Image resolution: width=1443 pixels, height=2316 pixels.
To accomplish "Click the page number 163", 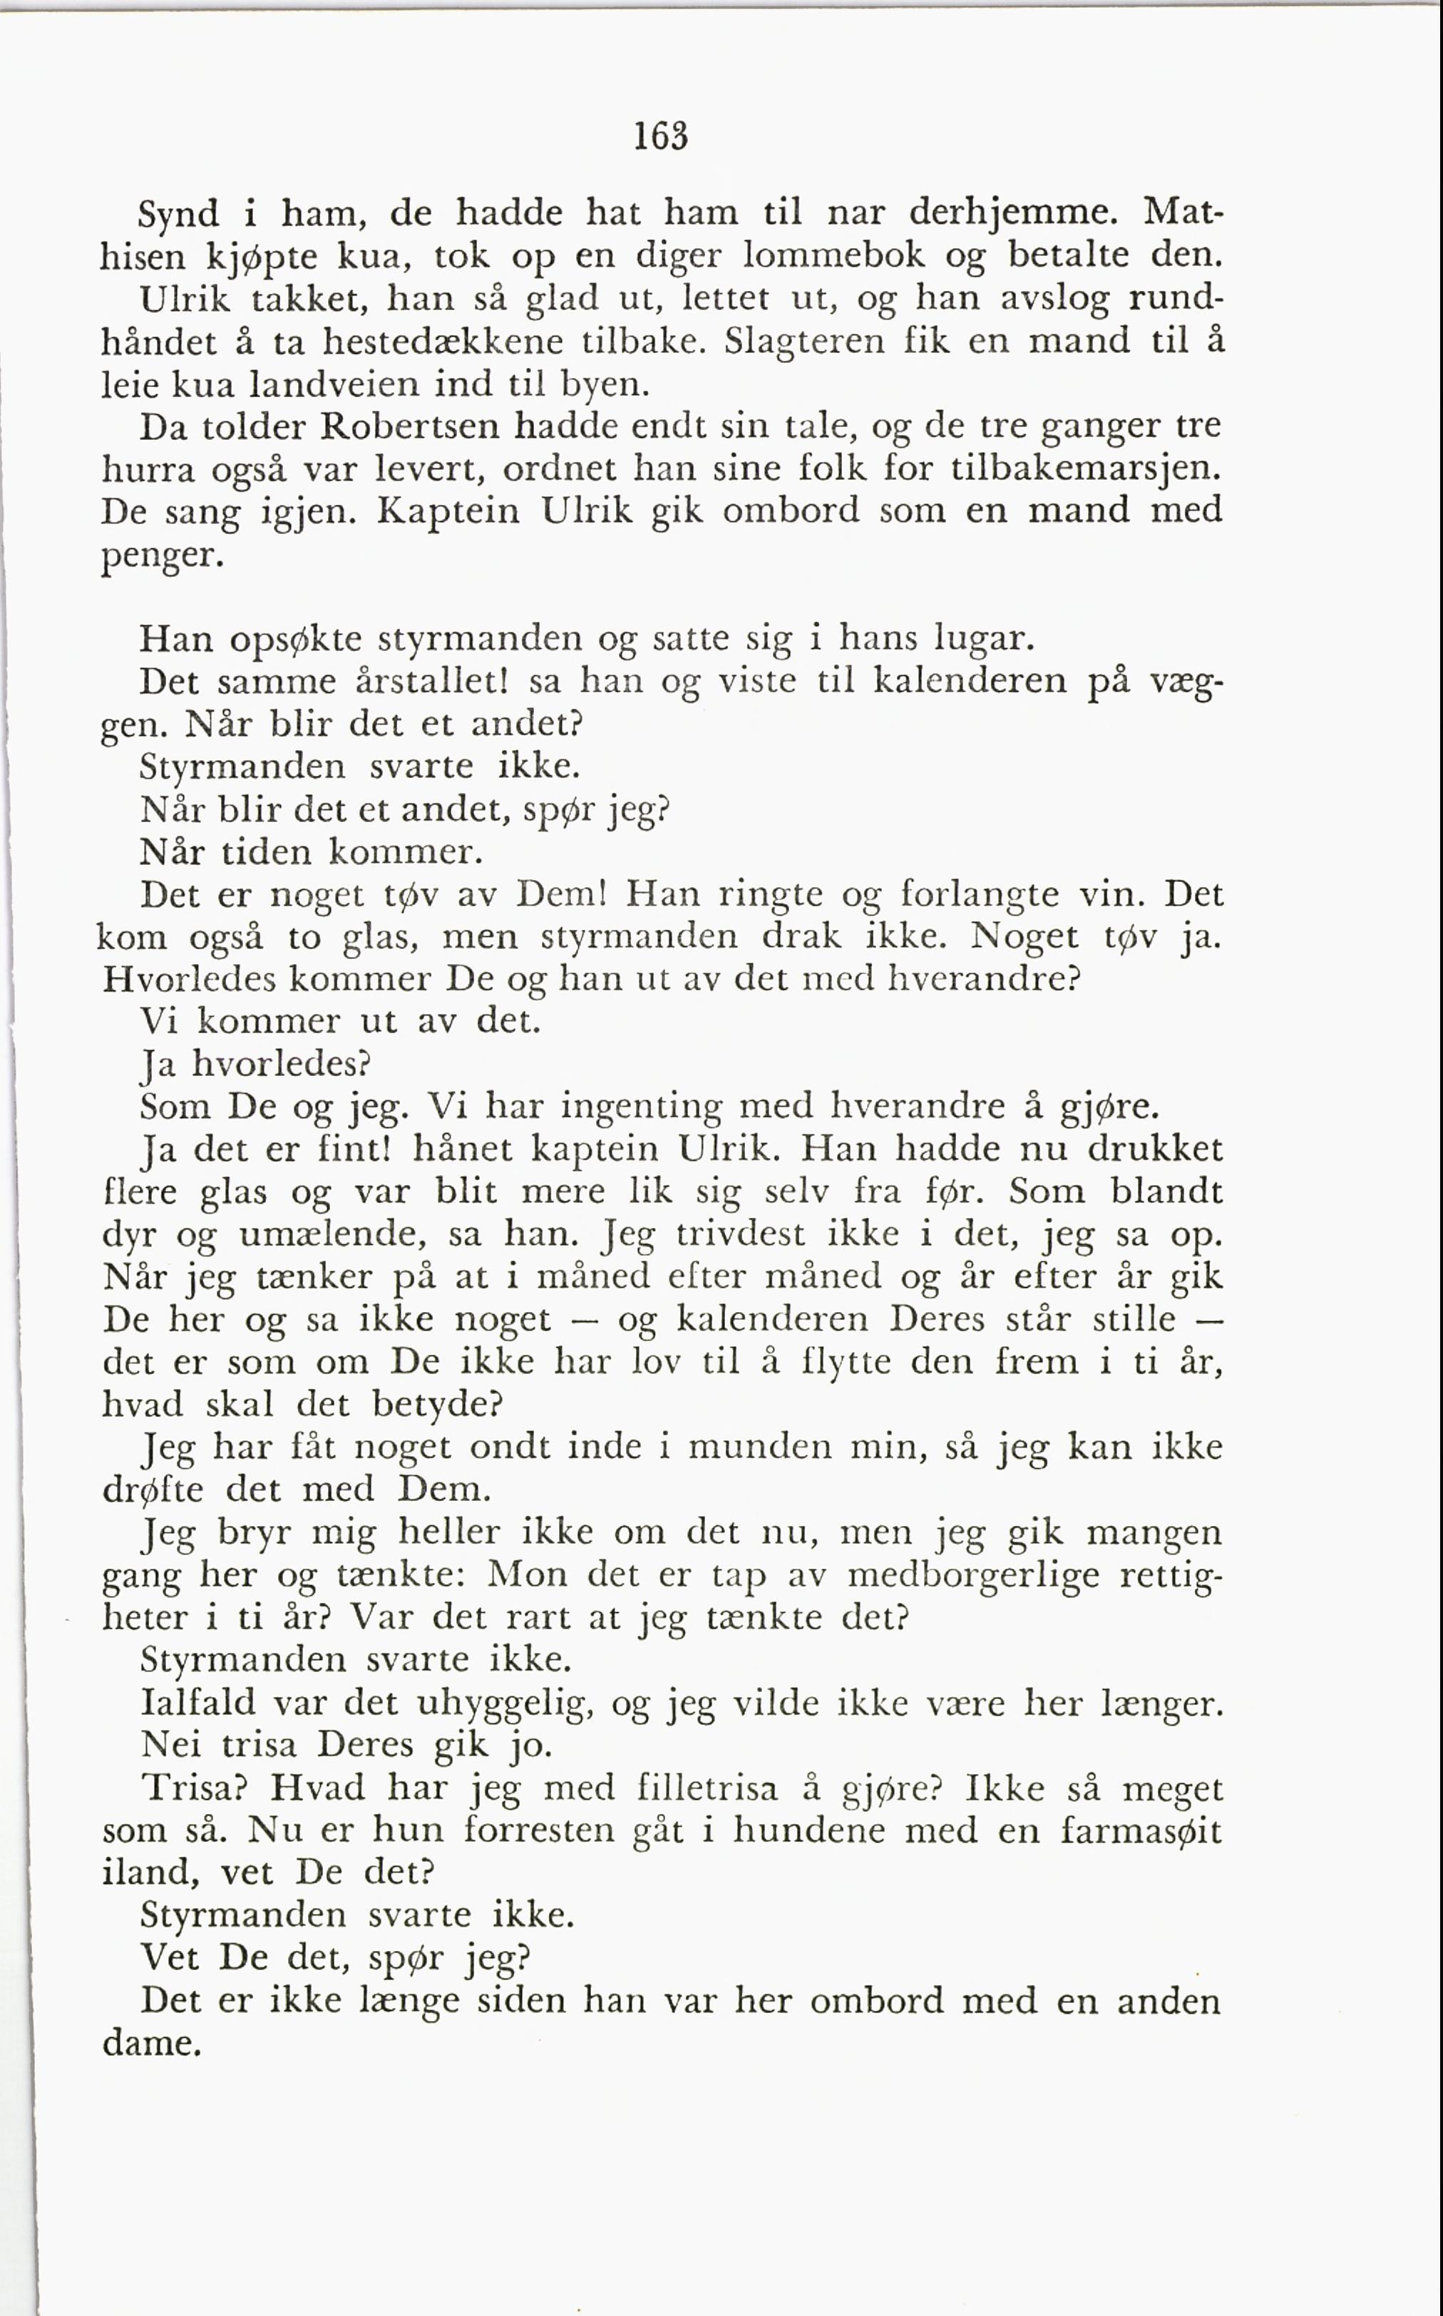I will click(x=660, y=136).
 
